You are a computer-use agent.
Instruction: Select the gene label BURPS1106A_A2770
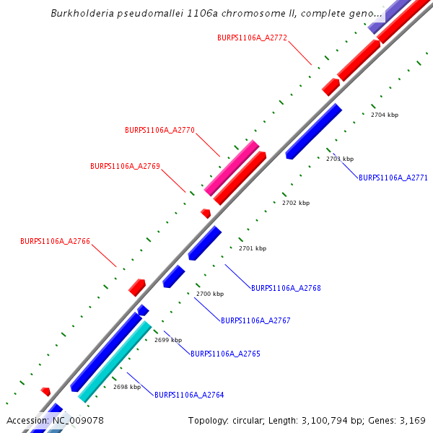159,131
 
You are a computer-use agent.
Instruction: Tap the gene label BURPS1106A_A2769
125,166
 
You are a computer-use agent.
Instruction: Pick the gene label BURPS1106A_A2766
55,241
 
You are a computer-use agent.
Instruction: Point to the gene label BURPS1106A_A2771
393,178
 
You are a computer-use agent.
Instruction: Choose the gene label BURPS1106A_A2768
286,288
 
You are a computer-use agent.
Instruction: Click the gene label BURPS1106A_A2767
255,320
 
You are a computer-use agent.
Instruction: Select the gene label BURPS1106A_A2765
225,354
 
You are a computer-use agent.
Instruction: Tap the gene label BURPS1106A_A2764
189,395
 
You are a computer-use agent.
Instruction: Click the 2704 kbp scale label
384,115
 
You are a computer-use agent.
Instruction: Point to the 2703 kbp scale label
340,159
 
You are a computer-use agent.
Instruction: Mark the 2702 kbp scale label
296,204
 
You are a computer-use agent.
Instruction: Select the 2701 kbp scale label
252,248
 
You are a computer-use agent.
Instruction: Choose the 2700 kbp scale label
210,294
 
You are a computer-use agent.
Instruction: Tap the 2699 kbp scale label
168,340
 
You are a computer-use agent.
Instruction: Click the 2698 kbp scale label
127,387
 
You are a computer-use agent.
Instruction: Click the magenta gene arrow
232,168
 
